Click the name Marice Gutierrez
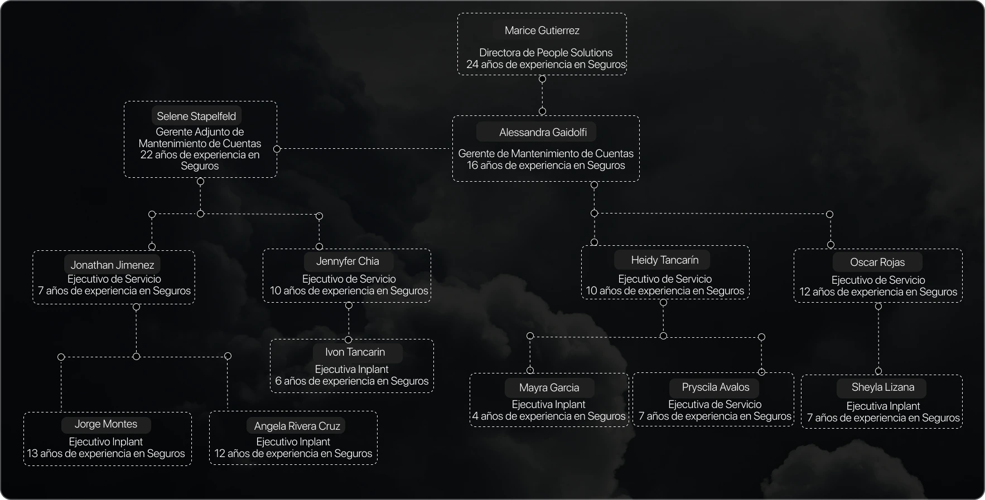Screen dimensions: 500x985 tap(542, 31)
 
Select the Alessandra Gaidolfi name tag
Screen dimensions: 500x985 tap(542, 133)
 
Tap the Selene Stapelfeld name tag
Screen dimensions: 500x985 tap(196, 116)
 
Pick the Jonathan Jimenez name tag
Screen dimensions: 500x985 tap(112, 265)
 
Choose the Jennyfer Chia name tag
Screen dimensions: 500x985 tap(347, 261)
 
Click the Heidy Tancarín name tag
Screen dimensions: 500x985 tap(664, 260)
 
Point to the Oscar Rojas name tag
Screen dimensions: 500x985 tap(877, 262)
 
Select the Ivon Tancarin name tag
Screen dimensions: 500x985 tap(355, 352)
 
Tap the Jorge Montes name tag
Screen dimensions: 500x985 tap(106, 424)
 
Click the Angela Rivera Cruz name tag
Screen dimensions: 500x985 tap(297, 426)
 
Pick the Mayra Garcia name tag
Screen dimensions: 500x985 tap(549, 387)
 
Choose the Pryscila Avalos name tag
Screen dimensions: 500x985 tap(715, 387)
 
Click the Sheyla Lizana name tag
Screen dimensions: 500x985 tap(882, 387)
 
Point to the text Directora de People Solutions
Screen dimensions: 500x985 tap(545, 53)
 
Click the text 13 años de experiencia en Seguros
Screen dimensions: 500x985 tap(106, 454)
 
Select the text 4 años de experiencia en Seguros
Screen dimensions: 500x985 tap(549, 416)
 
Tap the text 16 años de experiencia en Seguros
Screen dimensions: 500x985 tap(545, 166)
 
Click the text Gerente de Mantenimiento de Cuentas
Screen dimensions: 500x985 tap(545, 154)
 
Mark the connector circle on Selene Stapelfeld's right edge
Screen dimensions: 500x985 tap(277, 149)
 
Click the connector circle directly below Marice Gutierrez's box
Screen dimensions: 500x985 tap(542, 79)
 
